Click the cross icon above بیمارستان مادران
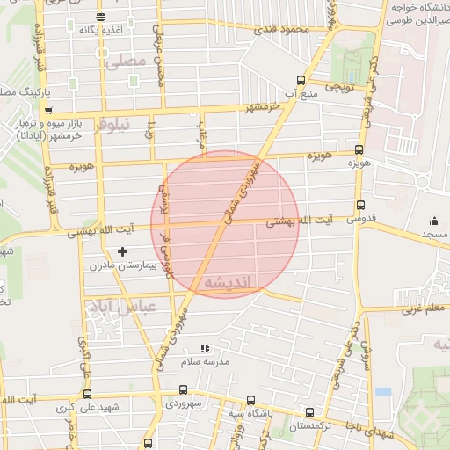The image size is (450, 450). (x=122, y=252)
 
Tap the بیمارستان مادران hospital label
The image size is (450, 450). (x=130, y=265)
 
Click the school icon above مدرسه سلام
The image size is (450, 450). (x=205, y=348)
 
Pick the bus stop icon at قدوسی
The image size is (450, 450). (x=359, y=203)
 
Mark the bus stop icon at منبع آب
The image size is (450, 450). (x=301, y=79)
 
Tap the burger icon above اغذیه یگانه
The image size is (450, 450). (x=99, y=17)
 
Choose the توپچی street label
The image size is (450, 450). (x=338, y=89)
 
